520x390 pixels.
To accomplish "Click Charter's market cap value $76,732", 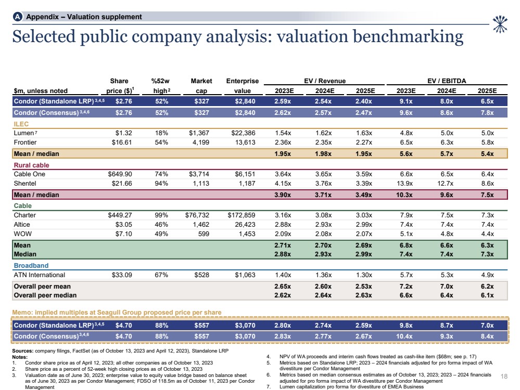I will click(x=198, y=215).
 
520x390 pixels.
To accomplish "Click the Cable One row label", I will click(x=29, y=174).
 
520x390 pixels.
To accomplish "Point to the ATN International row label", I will click(x=40, y=275).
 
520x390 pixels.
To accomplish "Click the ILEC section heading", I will click(x=22, y=124).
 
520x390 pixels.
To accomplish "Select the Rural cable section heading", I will click(x=31, y=165).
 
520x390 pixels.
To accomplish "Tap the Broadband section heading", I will click(x=31, y=266).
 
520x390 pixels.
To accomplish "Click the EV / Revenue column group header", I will click(x=324, y=81).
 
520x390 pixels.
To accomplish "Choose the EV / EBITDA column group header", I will click(x=447, y=81).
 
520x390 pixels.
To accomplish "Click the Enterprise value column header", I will click(x=242, y=85).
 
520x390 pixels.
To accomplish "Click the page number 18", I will click(x=503, y=375).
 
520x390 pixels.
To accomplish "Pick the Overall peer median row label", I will click(x=45, y=295).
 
